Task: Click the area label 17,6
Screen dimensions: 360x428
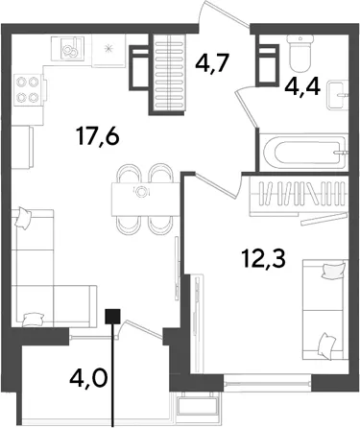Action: pyautogui.click(x=98, y=137)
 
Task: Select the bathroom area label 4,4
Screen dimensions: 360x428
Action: pyautogui.click(x=303, y=86)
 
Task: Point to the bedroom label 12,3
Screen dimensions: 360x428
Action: pyautogui.click(x=263, y=258)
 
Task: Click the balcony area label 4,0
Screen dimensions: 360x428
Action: pyautogui.click(x=88, y=378)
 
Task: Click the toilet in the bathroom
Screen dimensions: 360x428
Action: pyautogui.click(x=300, y=53)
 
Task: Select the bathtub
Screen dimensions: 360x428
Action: pyautogui.click(x=303, y=153)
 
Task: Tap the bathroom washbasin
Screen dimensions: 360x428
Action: pyautogui.click(x=337, y=95)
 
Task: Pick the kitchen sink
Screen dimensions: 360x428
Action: pyautogui.click(x=68, y=49)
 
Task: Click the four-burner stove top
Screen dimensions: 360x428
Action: pyautogui.click(x=28, y=90)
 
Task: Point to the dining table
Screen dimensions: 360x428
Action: pyautogui.click(x=145, y=200)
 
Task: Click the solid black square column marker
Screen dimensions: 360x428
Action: pyautogui.click(x=112, y=317)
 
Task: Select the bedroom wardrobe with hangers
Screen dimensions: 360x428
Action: pyautogui.click(x=298, y=196)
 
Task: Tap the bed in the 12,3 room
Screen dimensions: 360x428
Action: pyautogui.click(x=324, y=310)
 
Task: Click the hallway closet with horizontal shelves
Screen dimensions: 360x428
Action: pyautogui.click(x=167, y=72)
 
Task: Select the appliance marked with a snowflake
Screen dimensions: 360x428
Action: pyautogui.click(x=108, y=51)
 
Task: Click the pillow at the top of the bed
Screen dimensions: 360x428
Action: pyautogui.click(x=334, y=271)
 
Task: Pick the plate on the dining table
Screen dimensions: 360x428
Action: pyautogui.click(x=141, y=192)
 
